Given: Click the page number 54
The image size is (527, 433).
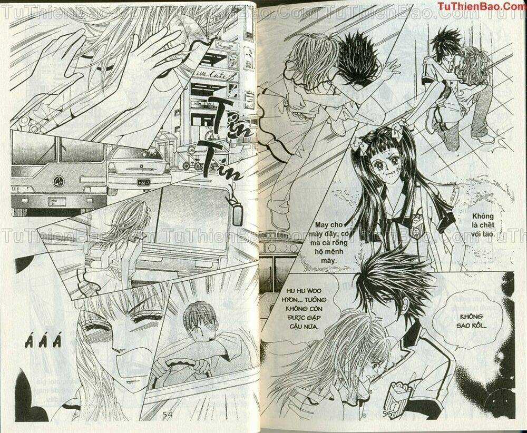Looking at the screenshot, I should coord(168,416).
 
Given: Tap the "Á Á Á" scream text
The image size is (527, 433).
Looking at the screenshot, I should coord(44,344).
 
